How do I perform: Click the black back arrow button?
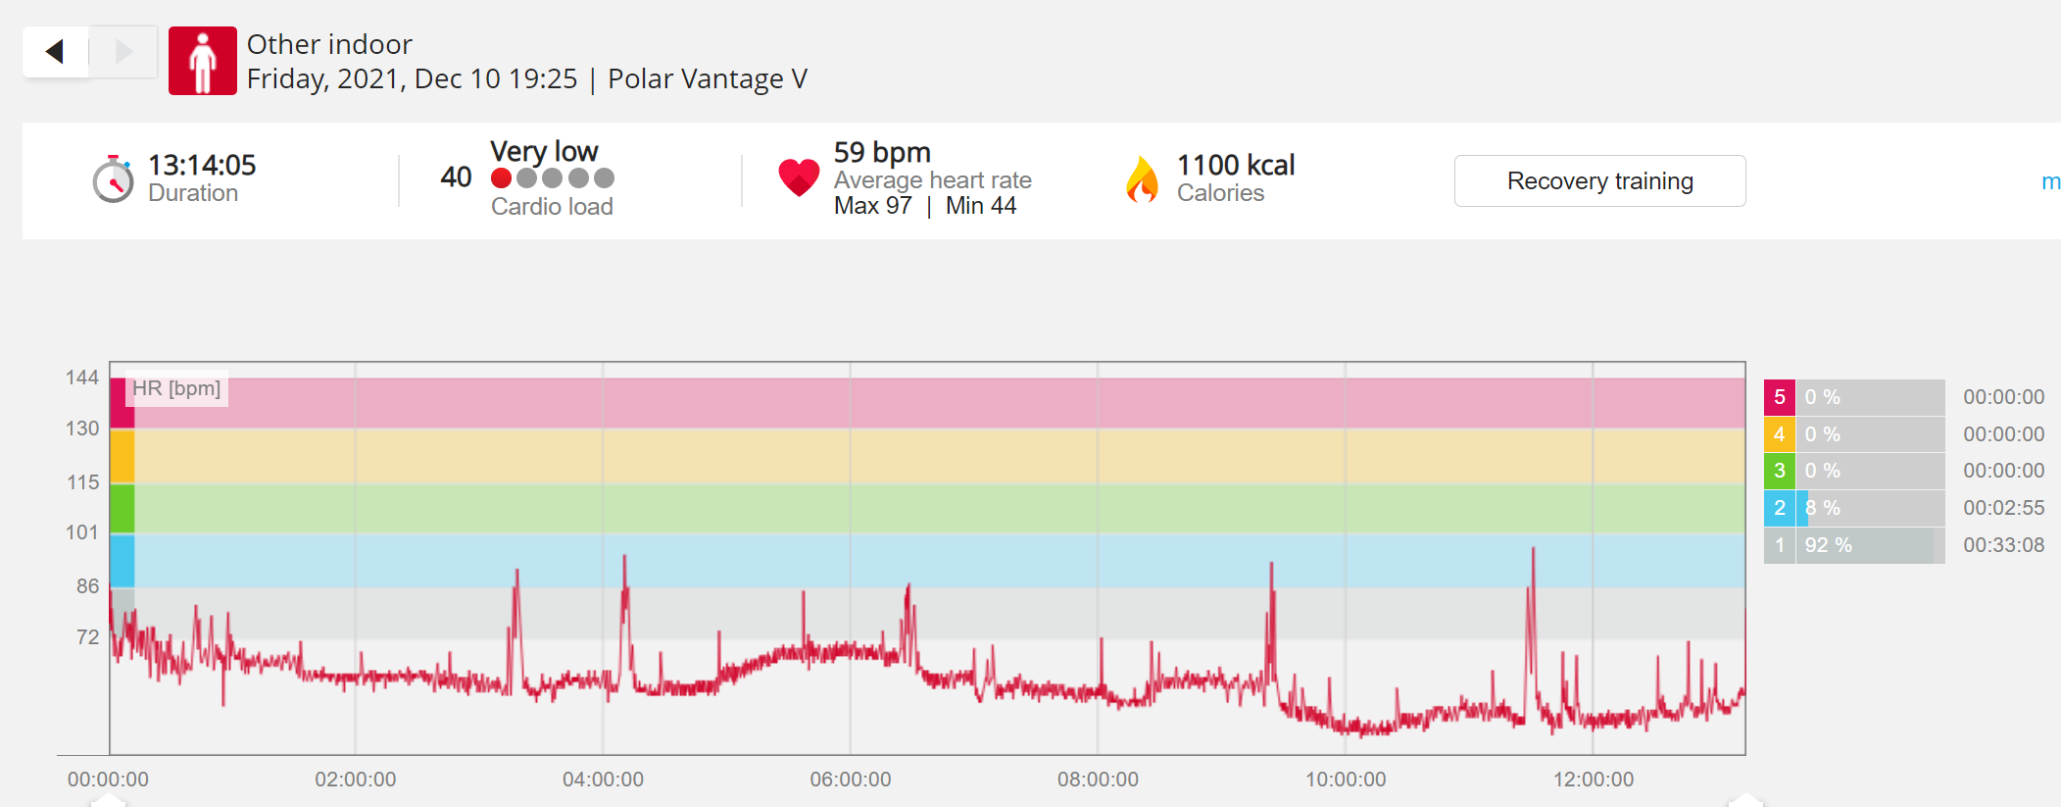pyautogui.click(x=55, y=51)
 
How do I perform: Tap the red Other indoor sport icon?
pyautogui.click(x=203, y=61)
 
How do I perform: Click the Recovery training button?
pyautogui.click(x=1599, y=181)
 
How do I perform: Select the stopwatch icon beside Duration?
pyautogui.click(x=113, y=178)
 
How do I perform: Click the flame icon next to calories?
pyautogui.click(x=1142, y=179)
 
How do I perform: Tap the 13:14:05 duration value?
pyautogui.click(x=202, y=165)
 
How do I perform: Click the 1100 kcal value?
pyautogui.click(x=1236, y=165)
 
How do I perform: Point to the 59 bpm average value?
pyautogui.click(x=882, y=152)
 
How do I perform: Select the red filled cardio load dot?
pyautogui.click(x=501, y=178)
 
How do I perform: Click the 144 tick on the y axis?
pyautogui.click(x=82, y=378)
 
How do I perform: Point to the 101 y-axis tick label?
pyautogui.click(x=82, y=532)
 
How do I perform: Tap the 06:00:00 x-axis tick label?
pyautogui.click(x=851, y=780)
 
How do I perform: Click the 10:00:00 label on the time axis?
pyautogui.click(x=1346, y=780)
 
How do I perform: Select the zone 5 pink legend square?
pyautogui.click(x=1780, y=397)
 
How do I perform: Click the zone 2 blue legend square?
pyautogui.click(x=1780, y=508)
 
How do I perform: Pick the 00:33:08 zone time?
pyautogui.click(x=2004, y=545)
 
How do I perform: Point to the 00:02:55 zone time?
pyautogui.click(x=2004, y=508)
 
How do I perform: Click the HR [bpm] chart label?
pyautogui.click(x=176, y=388)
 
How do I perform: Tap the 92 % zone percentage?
pyautogui.click(x=1829, y=545)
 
